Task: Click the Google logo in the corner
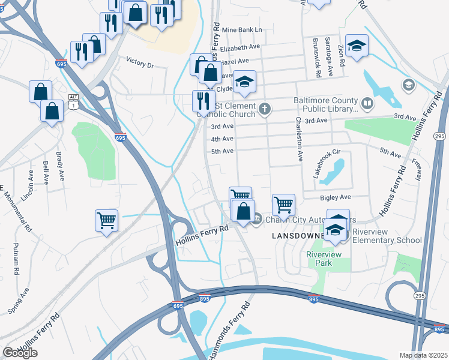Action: [x=20, y=353]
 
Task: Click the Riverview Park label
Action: [x=324, y=259]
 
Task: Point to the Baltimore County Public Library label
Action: [x=325, y=104]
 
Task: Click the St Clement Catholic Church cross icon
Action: [x=265, y=109]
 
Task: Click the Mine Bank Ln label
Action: [x=242, y=29]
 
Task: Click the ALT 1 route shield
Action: [x=73, y=101]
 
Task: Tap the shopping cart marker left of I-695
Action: [x=106, y=221]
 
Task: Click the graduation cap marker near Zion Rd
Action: [x=357, y=46]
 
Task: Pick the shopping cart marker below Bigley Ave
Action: [x=283, y=205]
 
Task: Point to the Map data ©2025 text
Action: [x=424, y=355]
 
